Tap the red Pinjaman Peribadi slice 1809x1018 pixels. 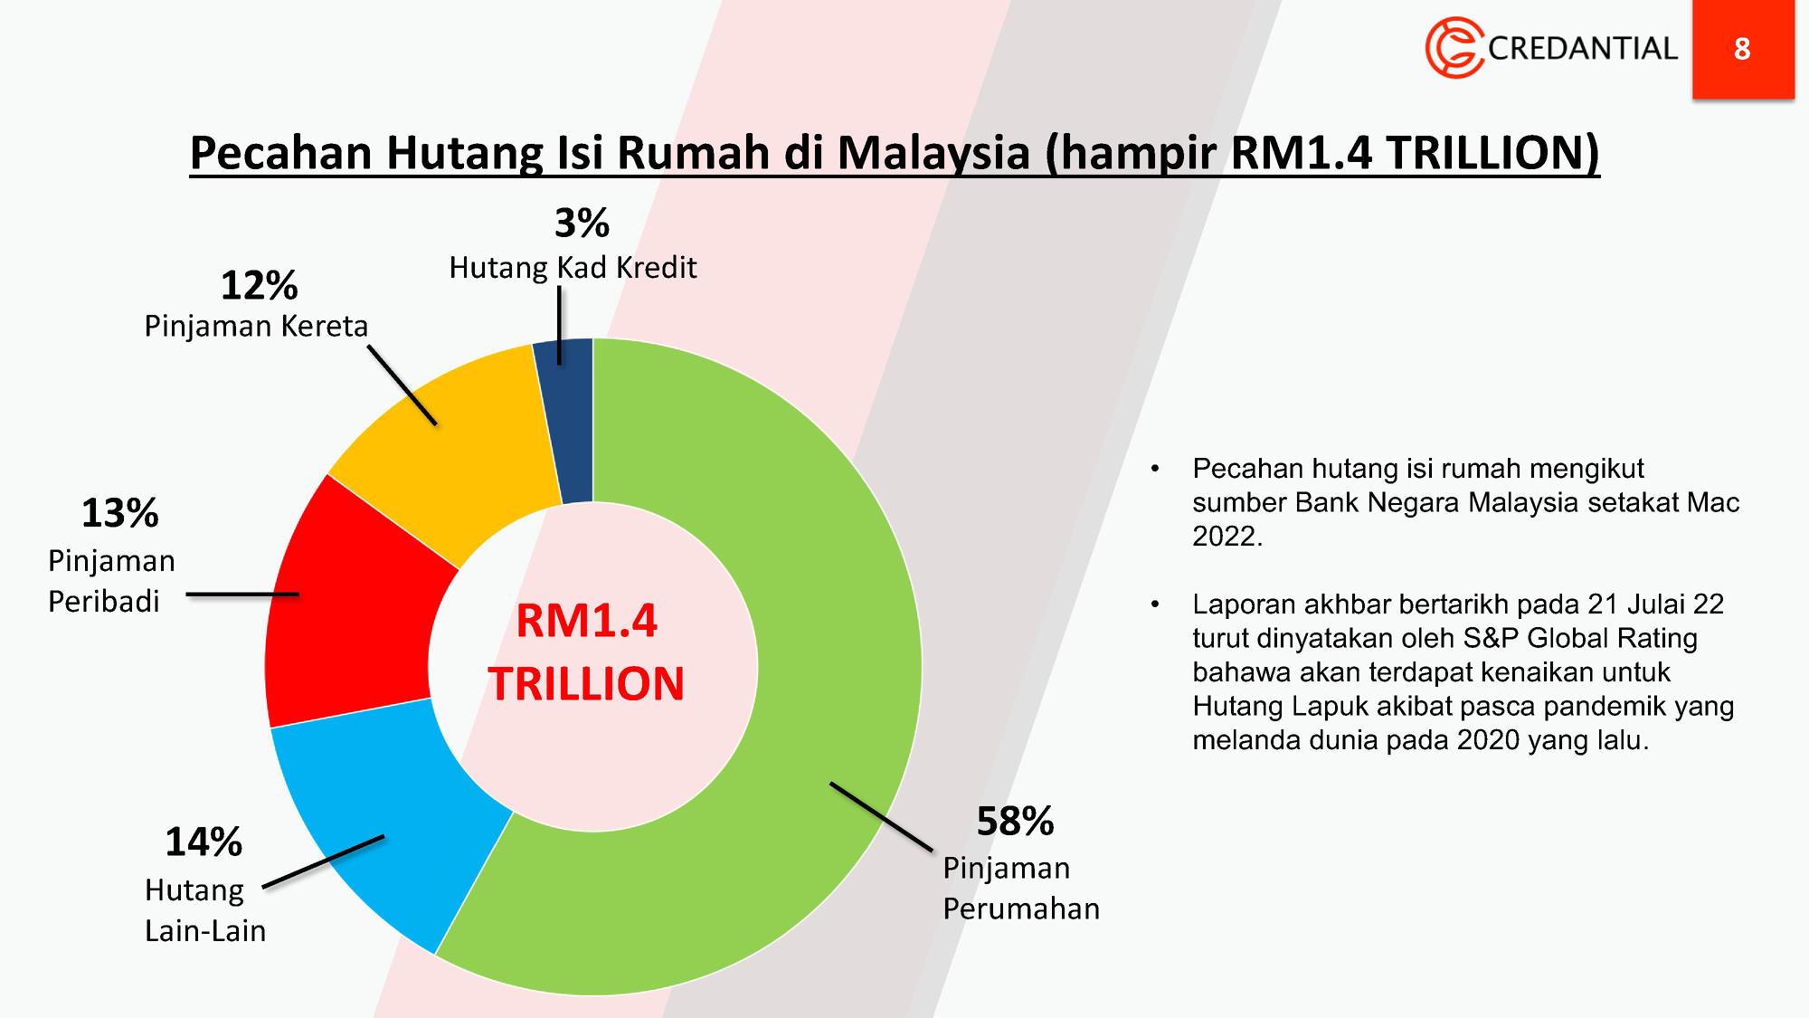(348, 606)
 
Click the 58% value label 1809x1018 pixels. (1015, 822)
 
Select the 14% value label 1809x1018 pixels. (204, 842)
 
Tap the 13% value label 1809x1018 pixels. (120, 513)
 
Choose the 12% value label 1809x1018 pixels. (259, 286)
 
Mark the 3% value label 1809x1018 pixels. (582, 224)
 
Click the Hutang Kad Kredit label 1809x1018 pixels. (573, 268)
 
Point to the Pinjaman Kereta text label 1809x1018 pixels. (256, 326)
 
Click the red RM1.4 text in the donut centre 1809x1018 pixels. (586, 622)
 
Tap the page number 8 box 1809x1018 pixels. (1743, 49)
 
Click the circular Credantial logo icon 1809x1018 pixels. (1454, 48)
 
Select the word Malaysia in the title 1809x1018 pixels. (933, 153)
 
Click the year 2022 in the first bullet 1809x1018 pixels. (1227, 537)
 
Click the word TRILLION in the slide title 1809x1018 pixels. (1492, 153)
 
